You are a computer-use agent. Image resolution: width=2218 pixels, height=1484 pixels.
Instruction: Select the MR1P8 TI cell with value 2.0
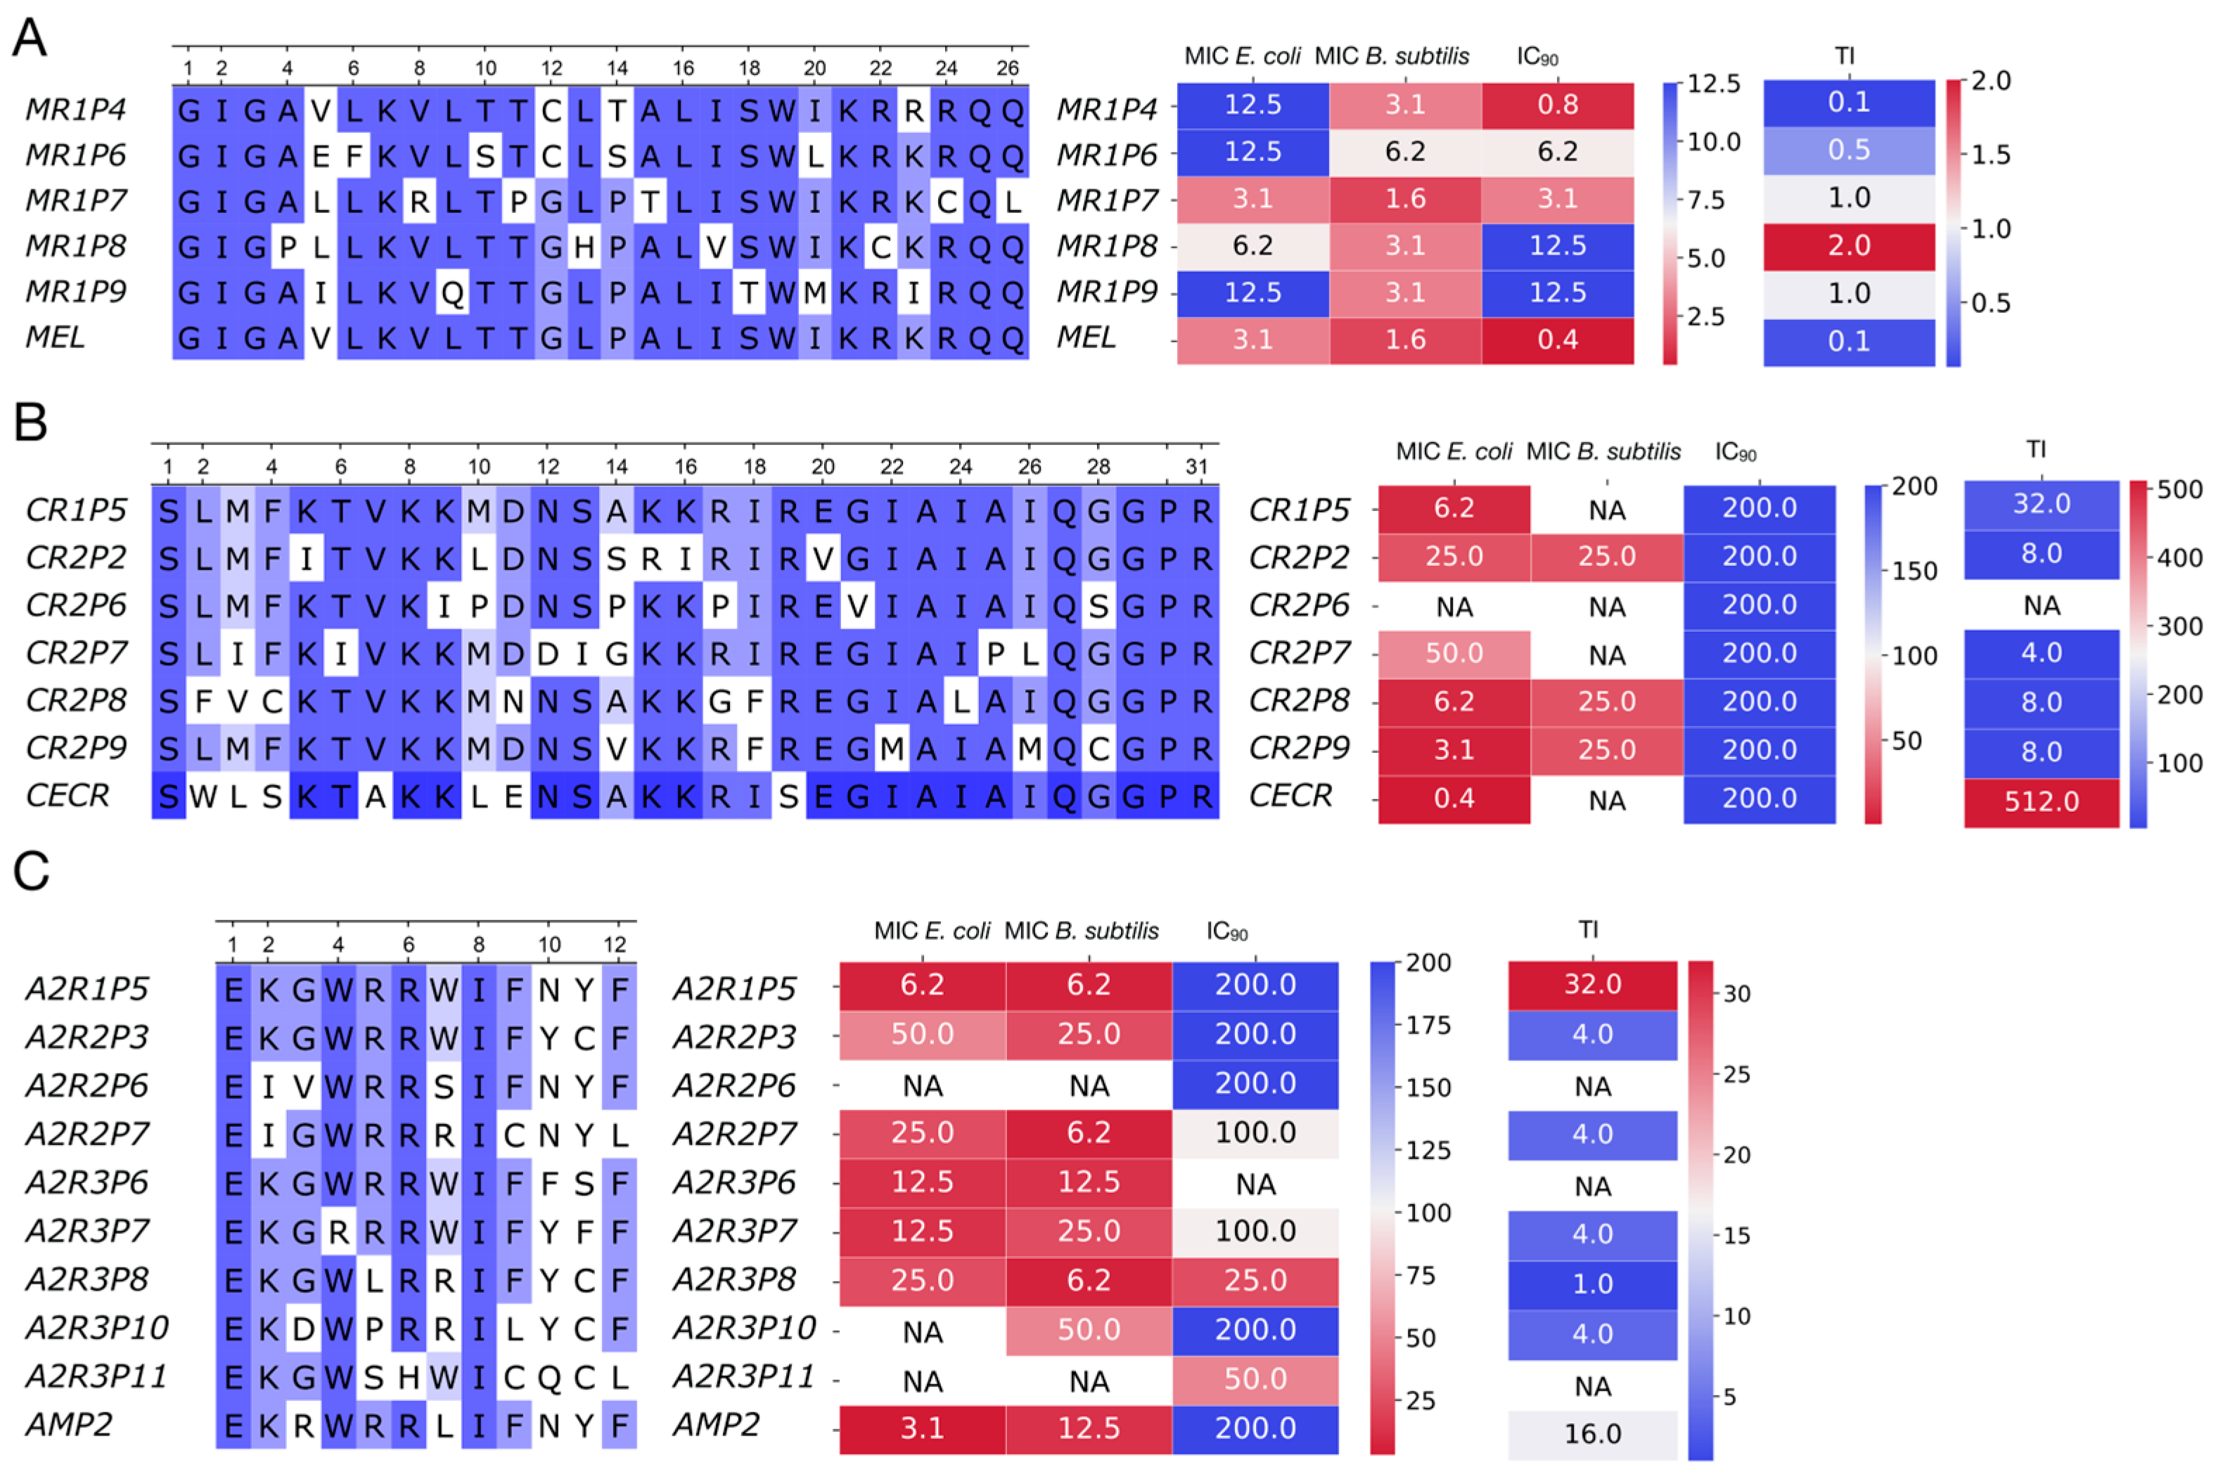click(1848, 246)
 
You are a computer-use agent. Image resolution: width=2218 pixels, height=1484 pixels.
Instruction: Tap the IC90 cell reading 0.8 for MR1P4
click(1556, 104)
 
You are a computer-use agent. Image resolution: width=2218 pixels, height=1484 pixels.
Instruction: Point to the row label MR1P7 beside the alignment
click(76, 200)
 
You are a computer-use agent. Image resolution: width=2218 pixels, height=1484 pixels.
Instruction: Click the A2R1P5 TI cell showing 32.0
click(1591, 984)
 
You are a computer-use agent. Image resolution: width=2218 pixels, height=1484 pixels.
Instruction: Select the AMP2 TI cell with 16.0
click(1591, 1433)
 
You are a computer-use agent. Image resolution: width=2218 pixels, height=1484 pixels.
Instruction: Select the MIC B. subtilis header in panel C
click(1081, 931)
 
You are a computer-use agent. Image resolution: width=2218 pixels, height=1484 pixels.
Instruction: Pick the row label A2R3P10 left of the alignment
click(96, 1328)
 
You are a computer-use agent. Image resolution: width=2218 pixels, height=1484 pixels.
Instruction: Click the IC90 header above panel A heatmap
click(1537, 57)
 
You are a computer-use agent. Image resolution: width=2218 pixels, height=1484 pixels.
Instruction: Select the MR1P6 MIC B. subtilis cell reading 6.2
click(1405, 151)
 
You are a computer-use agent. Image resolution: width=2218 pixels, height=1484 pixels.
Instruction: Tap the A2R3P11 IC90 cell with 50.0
click(1255, 1379)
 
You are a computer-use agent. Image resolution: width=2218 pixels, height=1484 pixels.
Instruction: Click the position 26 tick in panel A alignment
click(1007, 68)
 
